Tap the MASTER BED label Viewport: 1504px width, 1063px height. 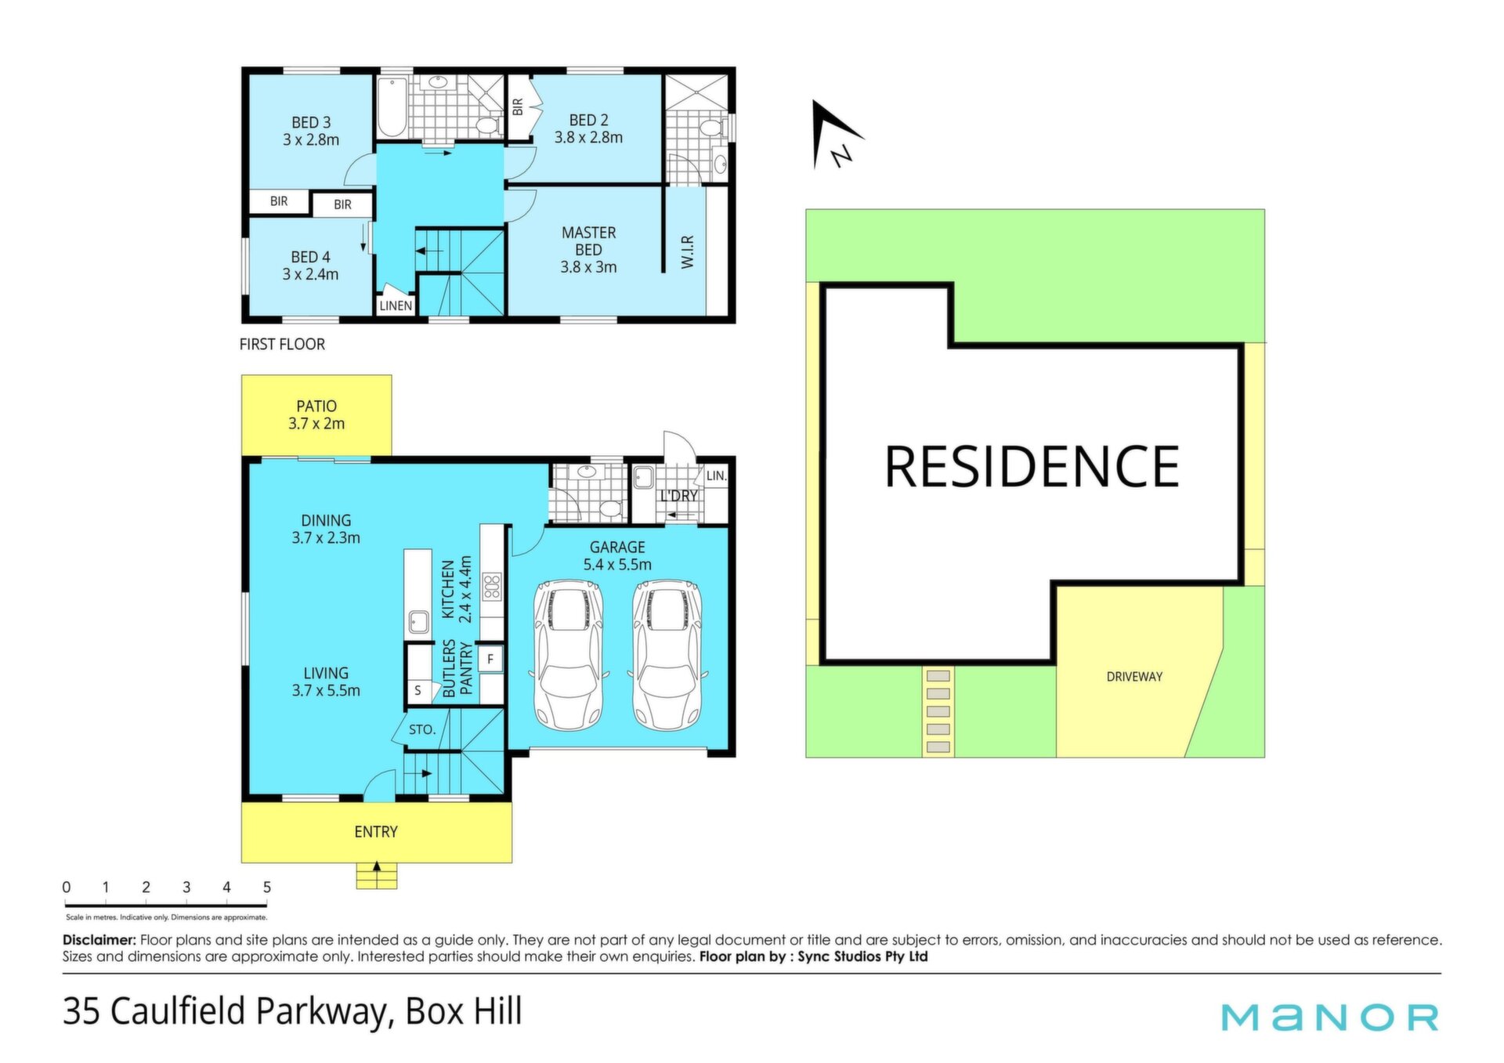click(x=588, y=241)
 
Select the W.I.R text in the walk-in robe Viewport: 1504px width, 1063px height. click(x=688, y=252)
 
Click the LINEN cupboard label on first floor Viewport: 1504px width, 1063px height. click(x=396, y=306)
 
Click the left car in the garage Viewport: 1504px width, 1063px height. click(x=569, y=655)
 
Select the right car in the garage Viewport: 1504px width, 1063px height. click(x=667, y=655)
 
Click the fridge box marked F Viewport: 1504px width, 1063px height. click(x=490, y=659)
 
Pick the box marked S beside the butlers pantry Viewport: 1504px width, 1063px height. click(x=418, y=690)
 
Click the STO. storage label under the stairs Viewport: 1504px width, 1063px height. click(x=422, y=729)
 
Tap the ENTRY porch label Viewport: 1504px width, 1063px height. click(x=376, y=832)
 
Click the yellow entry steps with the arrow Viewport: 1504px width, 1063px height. click(x=377, y=876)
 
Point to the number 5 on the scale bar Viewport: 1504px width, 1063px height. click(x=267, y=888)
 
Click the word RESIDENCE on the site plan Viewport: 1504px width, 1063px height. click(x=1032, y=466)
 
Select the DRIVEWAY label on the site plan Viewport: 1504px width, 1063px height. click(x=1134, y=677)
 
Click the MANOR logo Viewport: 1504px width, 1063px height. click(x=1330, y=1017)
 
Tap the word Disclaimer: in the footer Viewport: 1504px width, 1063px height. click(x=99, y=940)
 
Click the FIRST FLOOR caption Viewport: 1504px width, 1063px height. click(x=282, y=344)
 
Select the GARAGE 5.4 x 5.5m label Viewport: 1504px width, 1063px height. click(x=617, y=555)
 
